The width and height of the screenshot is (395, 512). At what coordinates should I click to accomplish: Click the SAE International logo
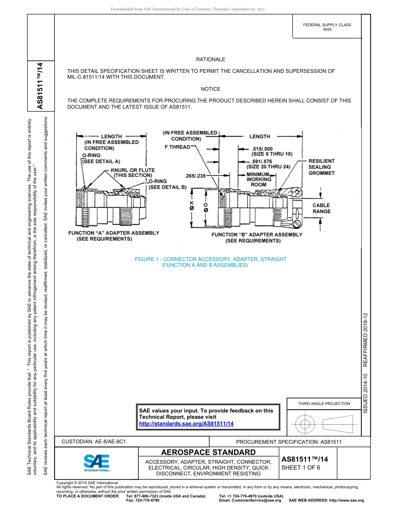[x=96, y=462]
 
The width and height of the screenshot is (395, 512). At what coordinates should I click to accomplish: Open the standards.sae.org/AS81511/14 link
[x=186, y=423]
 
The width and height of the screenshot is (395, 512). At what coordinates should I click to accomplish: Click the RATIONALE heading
[x=210, y=60]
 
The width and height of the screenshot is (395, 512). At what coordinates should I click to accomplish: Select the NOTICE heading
[x=210, y=89]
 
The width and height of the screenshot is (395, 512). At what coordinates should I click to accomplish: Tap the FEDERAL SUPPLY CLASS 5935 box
[x=327, y=27]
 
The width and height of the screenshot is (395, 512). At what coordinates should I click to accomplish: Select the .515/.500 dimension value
[x=262, y=149]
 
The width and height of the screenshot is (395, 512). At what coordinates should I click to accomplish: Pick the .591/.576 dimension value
[x=262, y=162]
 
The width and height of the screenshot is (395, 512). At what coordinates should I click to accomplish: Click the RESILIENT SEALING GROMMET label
[x=321, y=167]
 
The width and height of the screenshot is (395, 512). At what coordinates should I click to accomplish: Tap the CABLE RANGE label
[x=321, y=208]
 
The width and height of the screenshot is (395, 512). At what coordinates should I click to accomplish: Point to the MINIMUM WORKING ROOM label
[x=259, y=179]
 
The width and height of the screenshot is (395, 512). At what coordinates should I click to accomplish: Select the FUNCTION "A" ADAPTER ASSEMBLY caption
[x=114, y=233]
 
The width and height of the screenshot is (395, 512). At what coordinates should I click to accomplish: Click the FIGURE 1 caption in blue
[x=210, y=259]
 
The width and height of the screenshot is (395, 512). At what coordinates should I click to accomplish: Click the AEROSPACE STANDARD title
[x=208, y=452]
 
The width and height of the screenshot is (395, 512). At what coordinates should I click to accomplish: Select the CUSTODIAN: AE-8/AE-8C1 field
[x=94, y=441]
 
